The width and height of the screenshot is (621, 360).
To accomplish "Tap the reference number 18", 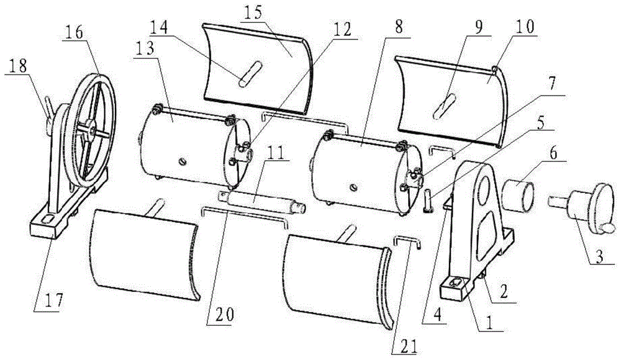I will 17,66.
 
